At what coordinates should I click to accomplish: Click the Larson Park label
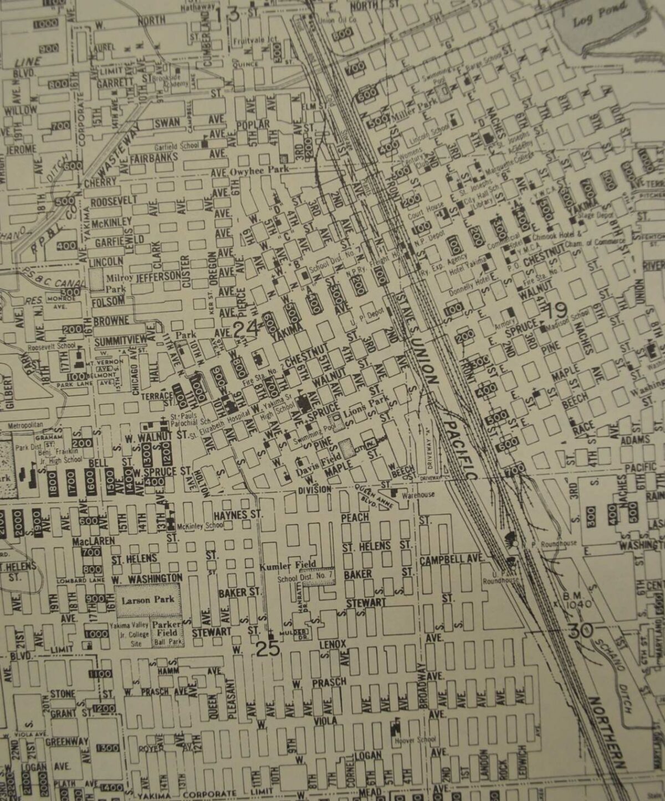148,599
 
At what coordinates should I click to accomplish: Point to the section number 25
268,648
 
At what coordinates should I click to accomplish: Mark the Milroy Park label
116,283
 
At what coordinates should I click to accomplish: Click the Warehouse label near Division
418,494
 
